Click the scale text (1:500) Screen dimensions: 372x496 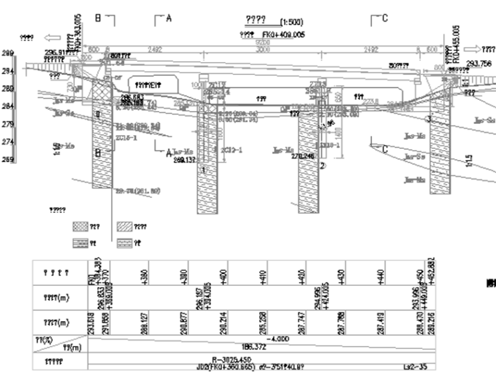tap(290, 22)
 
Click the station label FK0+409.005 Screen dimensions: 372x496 tap(281, 34)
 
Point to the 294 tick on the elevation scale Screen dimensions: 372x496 tap(7, 71)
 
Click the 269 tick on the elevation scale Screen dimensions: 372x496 tap(7, 159)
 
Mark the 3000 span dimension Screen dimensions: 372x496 tap(262, 49)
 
